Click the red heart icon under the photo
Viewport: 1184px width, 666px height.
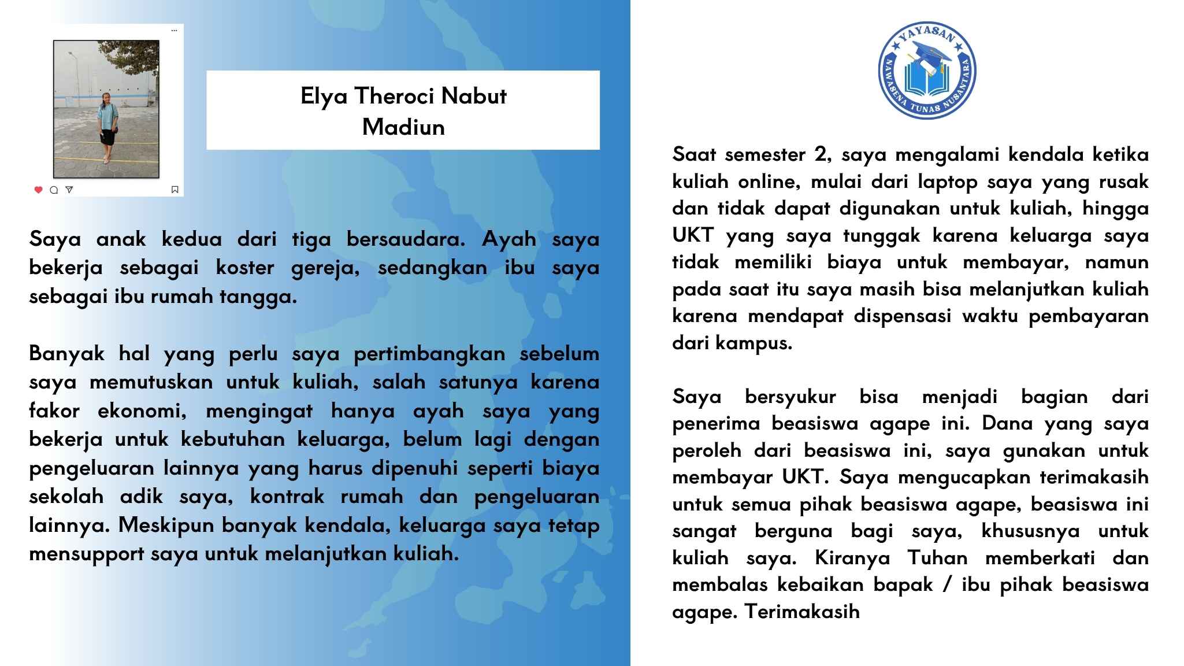39,190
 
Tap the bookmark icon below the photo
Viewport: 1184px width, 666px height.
175,190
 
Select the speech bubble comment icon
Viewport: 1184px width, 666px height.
54,190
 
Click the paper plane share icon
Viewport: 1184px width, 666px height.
69,189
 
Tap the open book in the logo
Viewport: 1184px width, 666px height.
927,81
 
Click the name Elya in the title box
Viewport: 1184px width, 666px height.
324,97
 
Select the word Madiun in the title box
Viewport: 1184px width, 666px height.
403,127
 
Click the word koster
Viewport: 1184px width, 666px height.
245,268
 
